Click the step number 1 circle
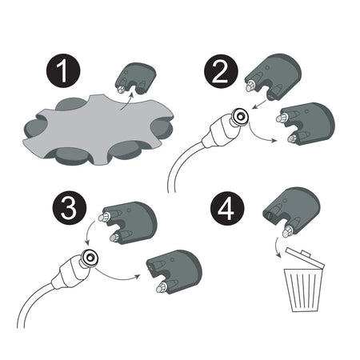click(63, 70)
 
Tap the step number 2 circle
click(221, 71)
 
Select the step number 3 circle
click(70, 207)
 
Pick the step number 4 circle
click(227, 208)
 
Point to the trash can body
click(303, 290)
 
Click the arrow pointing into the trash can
click(277, 246)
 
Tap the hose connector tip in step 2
click(240, 116)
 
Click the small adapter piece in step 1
click(136, 78)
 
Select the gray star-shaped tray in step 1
click(98, 131)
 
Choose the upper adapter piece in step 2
click(273, 77)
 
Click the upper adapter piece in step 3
click(128, 222)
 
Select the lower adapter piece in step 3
click(174, 272)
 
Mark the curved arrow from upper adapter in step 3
click(88, 231)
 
